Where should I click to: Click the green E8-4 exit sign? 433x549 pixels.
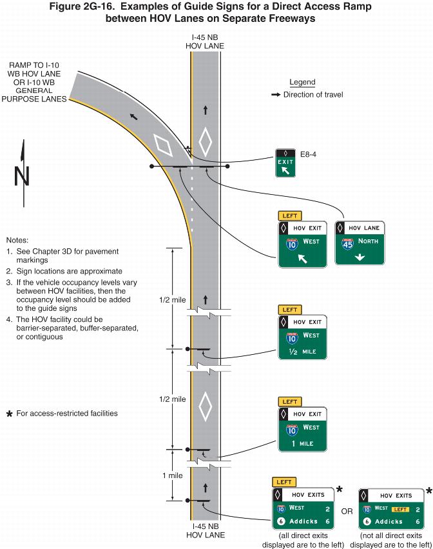coord(285,163)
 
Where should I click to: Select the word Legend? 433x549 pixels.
coord(302,83)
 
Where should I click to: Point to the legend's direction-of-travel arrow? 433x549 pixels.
coord(275,95)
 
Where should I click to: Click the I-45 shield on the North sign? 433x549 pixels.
coord(348,244)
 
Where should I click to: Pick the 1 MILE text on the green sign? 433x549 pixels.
coord(303,443)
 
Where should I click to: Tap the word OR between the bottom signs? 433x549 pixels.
coord(347,511)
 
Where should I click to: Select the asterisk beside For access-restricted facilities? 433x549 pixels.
coord(10,414)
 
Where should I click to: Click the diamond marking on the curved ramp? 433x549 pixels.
coord(164,145)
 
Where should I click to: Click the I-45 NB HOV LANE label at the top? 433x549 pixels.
coord(206,42)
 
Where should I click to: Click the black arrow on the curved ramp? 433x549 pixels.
coord(133,117)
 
